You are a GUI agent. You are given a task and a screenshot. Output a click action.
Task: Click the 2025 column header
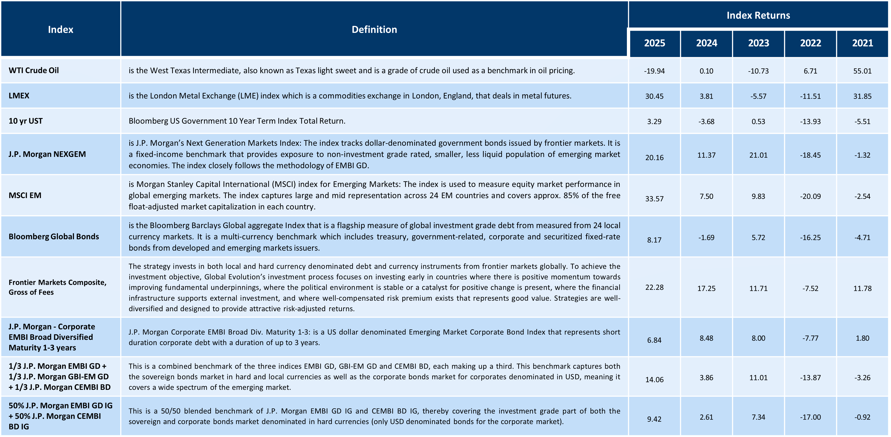[654, 43]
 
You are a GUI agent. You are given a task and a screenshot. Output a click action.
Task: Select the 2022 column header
[810, 43]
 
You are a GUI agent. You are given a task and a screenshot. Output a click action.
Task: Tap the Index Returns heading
[758, 15]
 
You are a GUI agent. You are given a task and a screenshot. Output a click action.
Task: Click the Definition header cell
[374, 29]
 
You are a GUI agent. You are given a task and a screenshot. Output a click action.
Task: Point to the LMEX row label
[19, 96]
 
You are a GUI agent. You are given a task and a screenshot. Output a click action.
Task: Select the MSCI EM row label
[25, 195]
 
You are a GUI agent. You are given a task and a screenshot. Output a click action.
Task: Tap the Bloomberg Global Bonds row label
[54, 236]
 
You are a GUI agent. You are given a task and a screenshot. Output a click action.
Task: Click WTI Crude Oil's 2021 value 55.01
[862, 71]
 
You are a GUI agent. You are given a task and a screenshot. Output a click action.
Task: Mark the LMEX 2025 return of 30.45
[654, 96]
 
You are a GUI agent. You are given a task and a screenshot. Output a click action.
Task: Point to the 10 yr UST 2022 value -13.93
[810, 121]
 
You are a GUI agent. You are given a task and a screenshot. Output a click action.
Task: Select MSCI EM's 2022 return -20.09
[810, 196]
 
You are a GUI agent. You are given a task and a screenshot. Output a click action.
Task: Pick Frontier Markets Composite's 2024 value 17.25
[706, 288]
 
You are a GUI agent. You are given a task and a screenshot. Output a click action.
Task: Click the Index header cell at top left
[61, 29]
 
